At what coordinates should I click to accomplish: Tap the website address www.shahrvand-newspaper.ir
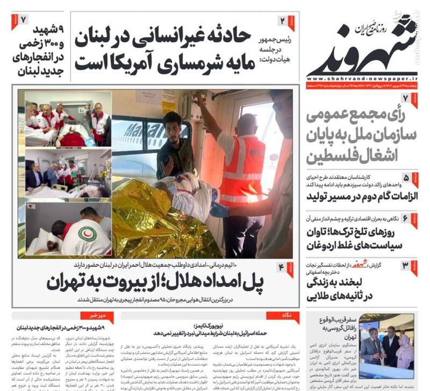[x=362, y=76]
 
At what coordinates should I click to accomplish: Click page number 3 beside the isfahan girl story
[x=406, y=265]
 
